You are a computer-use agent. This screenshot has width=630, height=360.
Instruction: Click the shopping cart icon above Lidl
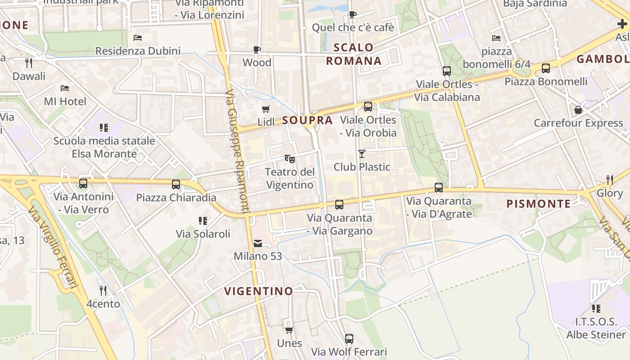(x=266, y=109)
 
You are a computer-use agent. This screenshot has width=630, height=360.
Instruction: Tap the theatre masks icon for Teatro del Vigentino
(x=290, y=158)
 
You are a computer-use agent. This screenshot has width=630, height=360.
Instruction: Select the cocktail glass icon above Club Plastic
(x=362, y=154)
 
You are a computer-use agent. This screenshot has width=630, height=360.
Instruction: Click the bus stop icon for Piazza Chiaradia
(x=176, y=184)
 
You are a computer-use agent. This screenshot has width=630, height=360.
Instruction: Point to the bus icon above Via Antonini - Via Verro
(x=83, y=183)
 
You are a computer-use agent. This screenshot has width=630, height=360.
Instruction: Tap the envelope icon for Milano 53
(x=258, y=243)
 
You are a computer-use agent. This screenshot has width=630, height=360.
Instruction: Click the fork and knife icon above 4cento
(x=103, y=291)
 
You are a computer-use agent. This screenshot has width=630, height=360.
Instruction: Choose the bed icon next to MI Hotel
(x=65, y=88)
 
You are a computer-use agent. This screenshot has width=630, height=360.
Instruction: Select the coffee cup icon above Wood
(x=257, y=49)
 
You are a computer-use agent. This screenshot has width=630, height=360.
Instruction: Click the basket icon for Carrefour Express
(x=578, y=110)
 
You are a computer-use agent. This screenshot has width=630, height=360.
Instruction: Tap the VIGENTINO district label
(x=259, y=291)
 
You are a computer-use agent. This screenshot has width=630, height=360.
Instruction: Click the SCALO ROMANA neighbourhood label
(x=354, y=54)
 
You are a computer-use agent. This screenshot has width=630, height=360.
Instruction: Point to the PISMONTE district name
(x=539, y=204)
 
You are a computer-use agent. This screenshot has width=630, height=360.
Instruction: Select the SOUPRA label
(x=308, y=120)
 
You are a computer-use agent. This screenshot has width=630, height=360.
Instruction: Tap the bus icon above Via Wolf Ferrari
(x=349, y=339)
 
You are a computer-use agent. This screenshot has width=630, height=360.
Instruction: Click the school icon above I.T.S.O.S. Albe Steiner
(x=596, y=309)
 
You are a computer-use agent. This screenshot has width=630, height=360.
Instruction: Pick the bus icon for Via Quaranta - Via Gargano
(x=339, y=205)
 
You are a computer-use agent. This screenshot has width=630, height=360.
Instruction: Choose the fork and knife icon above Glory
(x=610, y=180)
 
